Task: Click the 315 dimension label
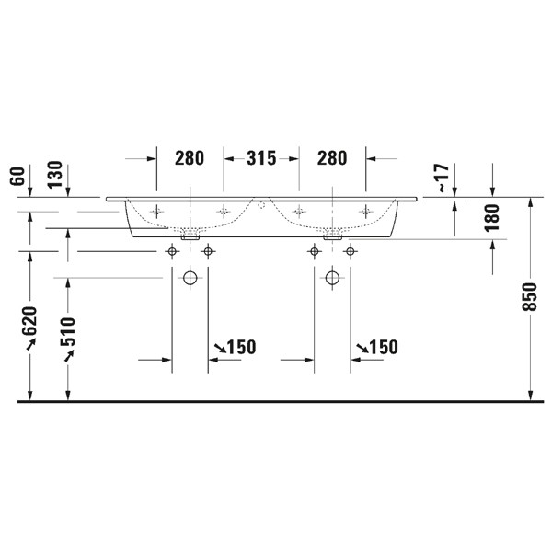pos(261,158)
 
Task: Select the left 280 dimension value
pos(190,158)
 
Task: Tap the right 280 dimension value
pos(332,158)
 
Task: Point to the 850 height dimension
pos(529,296)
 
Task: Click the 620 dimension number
pos(29,321)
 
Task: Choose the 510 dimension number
pos(67,332)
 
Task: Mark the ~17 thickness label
pos(443,178)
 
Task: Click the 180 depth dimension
pos(492,217)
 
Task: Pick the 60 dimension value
pos(17,176)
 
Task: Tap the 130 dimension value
pos(55,174)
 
